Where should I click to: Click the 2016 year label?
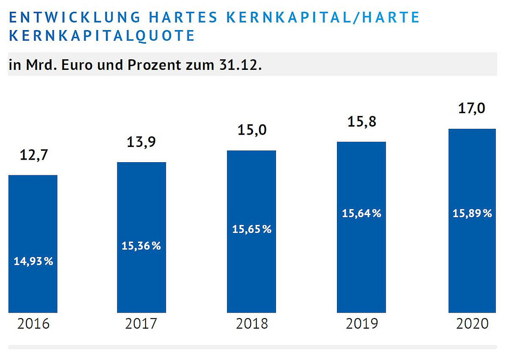[x=33, y=324]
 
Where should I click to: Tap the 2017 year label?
[x=141, y=324]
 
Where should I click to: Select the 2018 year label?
[x=252, y=324]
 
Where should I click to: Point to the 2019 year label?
[x=362, y=324]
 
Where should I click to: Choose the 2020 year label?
[x=472, y=324]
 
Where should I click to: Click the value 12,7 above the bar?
[x=34, y=155]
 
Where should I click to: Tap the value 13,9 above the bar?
[x=141, y=143]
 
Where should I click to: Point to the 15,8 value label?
[x=362, y=122]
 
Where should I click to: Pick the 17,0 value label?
[x=472, y=109]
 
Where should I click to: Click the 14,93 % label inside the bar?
[x=33, y=262]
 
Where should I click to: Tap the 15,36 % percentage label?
[x=141, y=246]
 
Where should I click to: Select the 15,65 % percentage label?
[x=252, y=229]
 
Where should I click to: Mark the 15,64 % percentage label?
[x=362, y=213]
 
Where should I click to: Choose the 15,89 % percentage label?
[x=472, y=213]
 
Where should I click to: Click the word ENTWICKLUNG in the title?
[x=75, y=17]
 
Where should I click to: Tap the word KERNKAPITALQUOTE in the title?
[x=102, y=36]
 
